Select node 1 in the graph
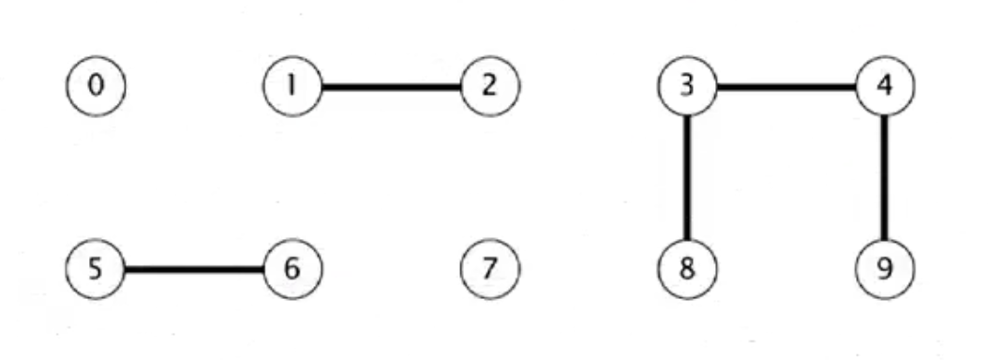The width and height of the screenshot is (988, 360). pyautogui.click(x=293, y=87)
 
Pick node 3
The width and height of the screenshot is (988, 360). pyautogui.click(x=688, y=87)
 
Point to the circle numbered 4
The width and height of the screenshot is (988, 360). pyautogui.click(x=885, y=87)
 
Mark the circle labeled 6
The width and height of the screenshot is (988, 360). pyautogui.click(x=293, y=268)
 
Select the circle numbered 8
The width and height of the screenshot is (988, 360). pyautogui.click(x=688, y=268)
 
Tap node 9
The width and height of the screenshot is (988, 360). pyautogui.click(x=885, y=268)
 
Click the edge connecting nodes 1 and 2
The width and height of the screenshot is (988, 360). pyautogui.click(x=392, y=88)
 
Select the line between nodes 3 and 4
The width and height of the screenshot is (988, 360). pyautogui.click(x=786, y=88)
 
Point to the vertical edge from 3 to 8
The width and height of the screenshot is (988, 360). pyautogui.click(x=688, y=178)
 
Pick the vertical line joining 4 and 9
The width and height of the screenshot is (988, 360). pyautogui.click(x=885, y=178)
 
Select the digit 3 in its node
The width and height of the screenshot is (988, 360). pyautogui.click(x=688, y=87)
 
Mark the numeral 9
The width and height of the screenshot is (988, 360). pyautogui.click(x=885, y=268)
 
